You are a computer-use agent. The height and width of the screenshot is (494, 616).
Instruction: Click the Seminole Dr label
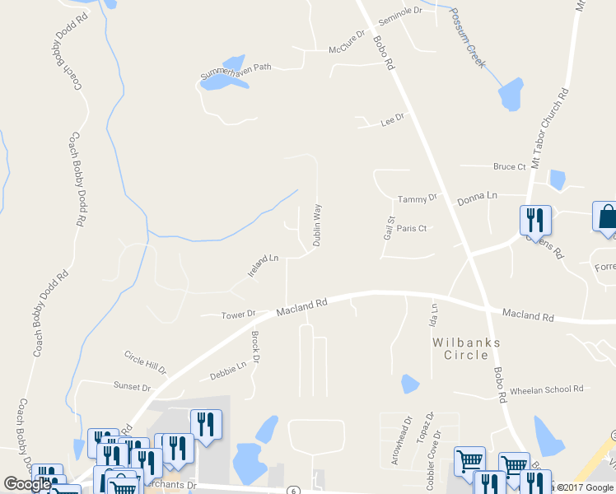[x=399, y=16]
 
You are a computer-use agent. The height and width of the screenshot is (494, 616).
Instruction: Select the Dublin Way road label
[x=316, y=226]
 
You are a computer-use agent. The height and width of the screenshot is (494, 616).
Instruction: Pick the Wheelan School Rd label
[x=547, y=389]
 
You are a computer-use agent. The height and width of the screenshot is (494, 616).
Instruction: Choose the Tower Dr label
[x=239, y=315]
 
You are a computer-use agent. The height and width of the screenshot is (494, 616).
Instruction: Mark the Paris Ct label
[x=411, y=229]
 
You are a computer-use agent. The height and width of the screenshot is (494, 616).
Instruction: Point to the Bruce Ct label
[x=509, y=167]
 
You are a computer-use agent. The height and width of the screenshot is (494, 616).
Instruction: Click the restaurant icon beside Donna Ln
[x=535, y=220]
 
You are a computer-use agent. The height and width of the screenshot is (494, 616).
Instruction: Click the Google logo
[x=27, y=484]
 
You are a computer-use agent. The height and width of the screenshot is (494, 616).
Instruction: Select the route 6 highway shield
[x=292, y=490]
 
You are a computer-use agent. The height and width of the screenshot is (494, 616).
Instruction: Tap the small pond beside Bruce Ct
[x=558, y=179]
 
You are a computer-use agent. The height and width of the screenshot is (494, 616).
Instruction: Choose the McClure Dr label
[x=346, y=41]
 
